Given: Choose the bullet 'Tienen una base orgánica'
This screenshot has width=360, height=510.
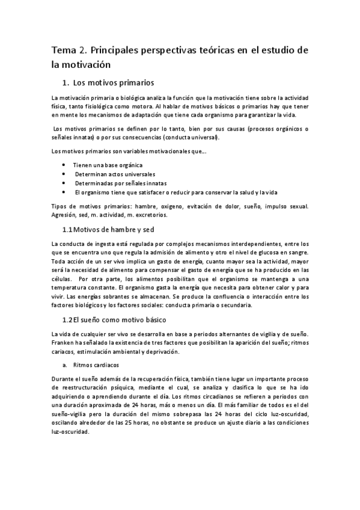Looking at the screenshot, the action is pyautogui.click(x=108, y=165).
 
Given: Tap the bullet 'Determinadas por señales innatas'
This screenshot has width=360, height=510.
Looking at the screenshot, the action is pyautogui.click(x=120, y=183).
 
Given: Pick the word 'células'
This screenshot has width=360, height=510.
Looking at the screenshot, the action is pyautogui.click(x=62, y=272).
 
